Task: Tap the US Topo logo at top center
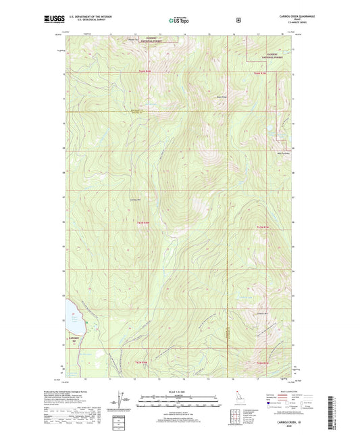tap(178, 20)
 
